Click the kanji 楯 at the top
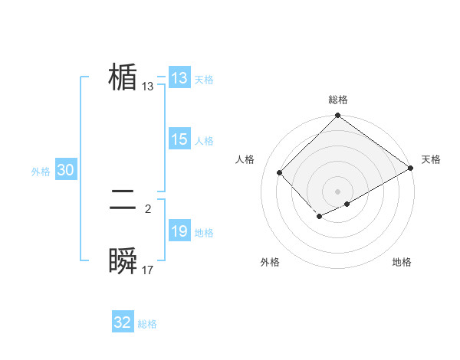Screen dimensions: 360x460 pyautogui.click(x=123, y=77)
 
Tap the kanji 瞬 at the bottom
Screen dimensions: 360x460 pyautogui.click(x=123, y=261)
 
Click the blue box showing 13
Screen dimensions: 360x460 pyautogui.click(x=179, y=78)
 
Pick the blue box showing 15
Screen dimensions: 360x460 pyautogui.click(x=179, y=139)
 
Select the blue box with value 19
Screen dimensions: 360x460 pyautogui.click(x=179, y=231)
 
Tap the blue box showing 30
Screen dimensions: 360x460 pyautogui.click(x=65, y=170)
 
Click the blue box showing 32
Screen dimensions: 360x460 pyautogui.click(x=123, y=322)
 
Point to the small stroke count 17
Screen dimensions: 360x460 pyautogui.click(x=148, y=270)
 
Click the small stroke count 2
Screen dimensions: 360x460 pyautogui.click(x=148, y=208)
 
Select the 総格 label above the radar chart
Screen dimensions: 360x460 pyautogui.click(x=338, y=100)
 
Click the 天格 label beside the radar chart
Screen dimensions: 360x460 pyautogui.click(x=431, y=159)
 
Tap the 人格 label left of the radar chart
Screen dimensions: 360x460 pyautogui.click(x=245, y=159)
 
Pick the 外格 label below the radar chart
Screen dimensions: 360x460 pyautogui.click(x=270, y=262)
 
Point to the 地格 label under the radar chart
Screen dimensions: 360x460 pyautogui.click(x=402, y=262)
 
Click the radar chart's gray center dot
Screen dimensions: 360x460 pyautogui.click(x=337, y=191)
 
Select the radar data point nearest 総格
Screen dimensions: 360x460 pyautogui.click(x=337, y=116)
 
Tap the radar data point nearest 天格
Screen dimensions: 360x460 pyautogui.click(x=412, y=168)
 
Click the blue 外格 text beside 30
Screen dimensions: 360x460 pyautogui.click(x=41, y=172)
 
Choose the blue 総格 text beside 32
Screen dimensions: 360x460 pyautogui.click(x=147, y=324)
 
